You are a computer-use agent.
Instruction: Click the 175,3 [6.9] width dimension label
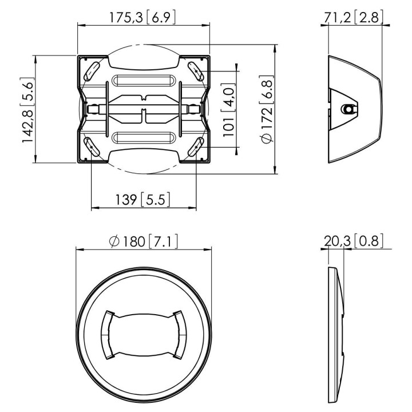point(142,18)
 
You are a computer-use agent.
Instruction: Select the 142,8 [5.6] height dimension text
point(27,110)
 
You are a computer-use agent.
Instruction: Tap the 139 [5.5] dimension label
point(143,200)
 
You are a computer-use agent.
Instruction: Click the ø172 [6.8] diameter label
point(267,109)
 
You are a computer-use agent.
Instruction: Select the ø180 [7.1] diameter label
point(144,241)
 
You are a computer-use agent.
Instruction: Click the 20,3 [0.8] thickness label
point(354,241)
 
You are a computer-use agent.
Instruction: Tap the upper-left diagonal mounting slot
point(92,71)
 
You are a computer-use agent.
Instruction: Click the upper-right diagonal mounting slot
point(196,71)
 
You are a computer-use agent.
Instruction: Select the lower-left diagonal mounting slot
point(91,146)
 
